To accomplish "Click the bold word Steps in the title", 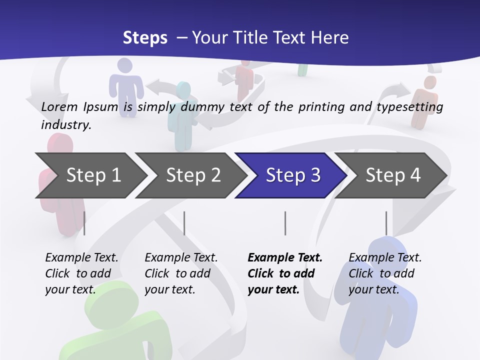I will (145, 38).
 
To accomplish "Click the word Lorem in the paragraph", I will (59, 107).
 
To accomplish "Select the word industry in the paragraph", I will (65, 124).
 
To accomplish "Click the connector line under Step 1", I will (84, 223).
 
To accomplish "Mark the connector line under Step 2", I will (184, 223).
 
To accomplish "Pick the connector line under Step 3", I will (285, 223).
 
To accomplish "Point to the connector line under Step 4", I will (386, 223).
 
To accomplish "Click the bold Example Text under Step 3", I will (285, 258).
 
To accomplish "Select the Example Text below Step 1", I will (81, 258).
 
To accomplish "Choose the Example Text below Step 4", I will (385, 258).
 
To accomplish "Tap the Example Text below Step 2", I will (181, 258).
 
